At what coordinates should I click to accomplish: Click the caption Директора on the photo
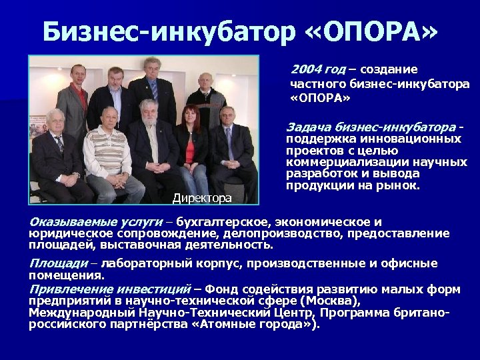(202, 197)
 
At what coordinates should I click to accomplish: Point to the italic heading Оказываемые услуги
(96, 222)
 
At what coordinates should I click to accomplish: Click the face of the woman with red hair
(192, 114)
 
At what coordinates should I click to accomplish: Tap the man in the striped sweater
(107, 150)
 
